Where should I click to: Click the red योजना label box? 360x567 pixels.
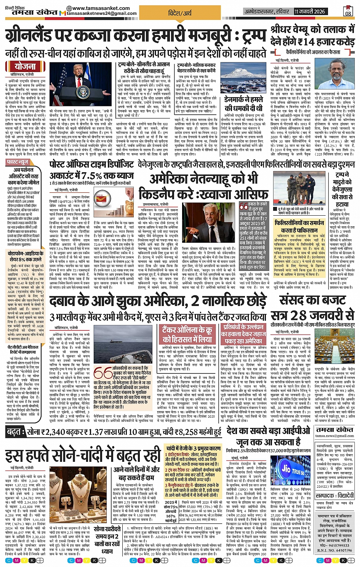pos(26,66)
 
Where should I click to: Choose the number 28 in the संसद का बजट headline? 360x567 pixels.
pos(298,316)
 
